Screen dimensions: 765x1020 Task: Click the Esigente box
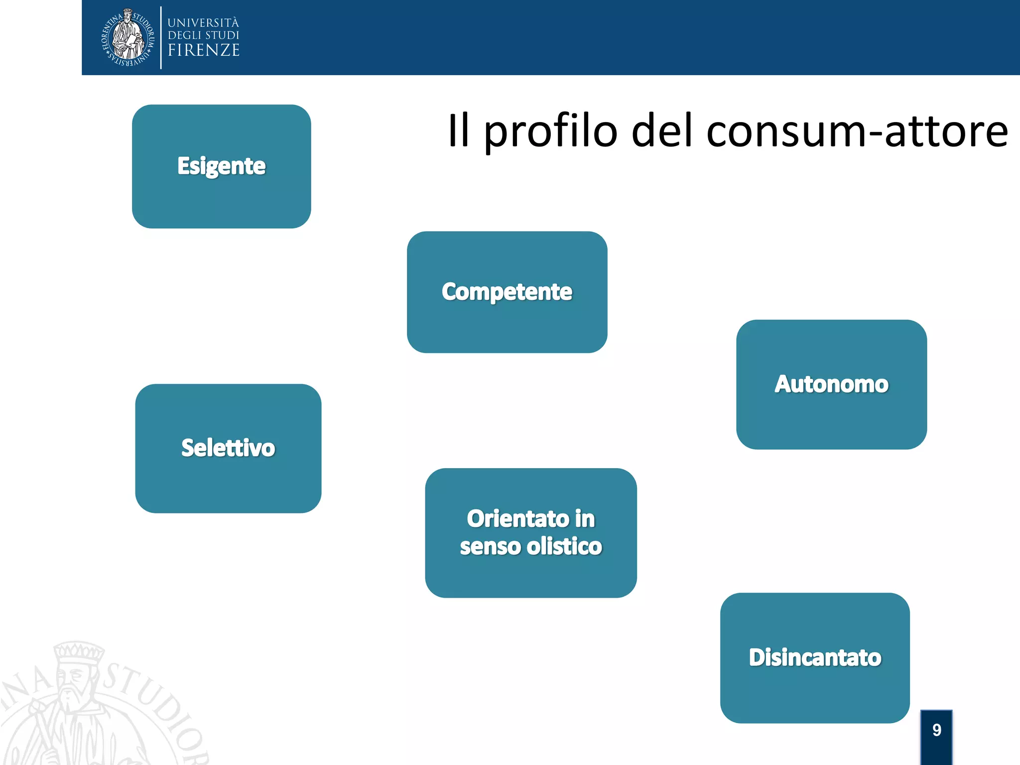221,166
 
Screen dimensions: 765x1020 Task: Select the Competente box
507,292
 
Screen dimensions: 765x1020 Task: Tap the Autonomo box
831,384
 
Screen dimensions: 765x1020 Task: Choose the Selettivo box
228,448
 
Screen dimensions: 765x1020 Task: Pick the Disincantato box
815,657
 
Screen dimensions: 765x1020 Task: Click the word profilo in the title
550,131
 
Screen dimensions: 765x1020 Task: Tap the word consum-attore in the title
857,131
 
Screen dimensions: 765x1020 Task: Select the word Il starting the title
458,130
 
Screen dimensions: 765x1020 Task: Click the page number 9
936,730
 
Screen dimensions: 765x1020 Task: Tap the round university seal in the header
128,37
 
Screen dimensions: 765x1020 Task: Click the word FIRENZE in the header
204,50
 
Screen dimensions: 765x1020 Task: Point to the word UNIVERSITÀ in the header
203,23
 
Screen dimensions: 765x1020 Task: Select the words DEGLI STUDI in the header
203,35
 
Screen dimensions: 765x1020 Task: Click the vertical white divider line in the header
161,37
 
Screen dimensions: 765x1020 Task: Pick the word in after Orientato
585,519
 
